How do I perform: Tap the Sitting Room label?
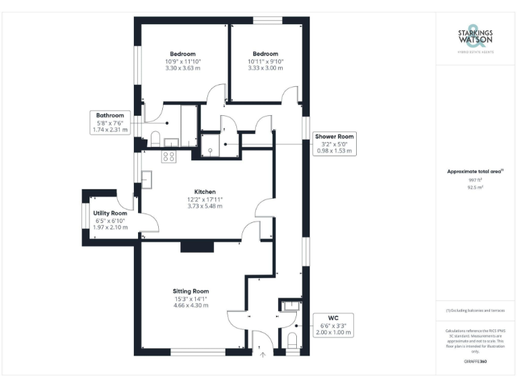pos(191,291)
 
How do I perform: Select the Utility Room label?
pos(110,213)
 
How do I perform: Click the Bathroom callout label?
pos(110,116)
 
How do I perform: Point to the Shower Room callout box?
pos(335,143)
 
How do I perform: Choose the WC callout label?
pos(333,324)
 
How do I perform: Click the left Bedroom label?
pos(182,54)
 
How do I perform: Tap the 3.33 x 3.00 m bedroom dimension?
pos(265,67)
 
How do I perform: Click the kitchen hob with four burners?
pos(169,157)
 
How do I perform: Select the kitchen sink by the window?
pos(146,179)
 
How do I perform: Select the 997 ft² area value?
pos(475,181)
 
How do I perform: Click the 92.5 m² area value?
pos(475,188)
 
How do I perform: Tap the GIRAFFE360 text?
pos(475,362)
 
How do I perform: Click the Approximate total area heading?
pos(475,172)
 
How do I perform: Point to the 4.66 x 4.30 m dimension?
pos(191,305)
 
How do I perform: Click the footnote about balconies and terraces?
pos(475,310)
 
